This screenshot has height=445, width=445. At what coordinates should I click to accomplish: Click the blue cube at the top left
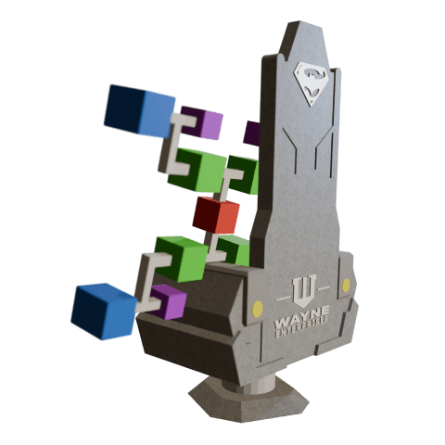coord(139,110)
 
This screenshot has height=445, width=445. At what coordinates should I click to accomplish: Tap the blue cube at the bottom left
coord(103,311)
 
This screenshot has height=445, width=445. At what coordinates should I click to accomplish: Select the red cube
coord(216,215)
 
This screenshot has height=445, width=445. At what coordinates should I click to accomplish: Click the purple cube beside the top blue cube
coord(202,122)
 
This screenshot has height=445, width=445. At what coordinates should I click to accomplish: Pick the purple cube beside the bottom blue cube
coord(168,301)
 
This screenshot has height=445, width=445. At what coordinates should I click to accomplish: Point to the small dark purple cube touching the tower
coord(251,133)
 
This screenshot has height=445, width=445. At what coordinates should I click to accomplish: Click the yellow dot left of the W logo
coord(257,307)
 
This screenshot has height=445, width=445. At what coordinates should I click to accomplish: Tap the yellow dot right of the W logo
coord(346,286)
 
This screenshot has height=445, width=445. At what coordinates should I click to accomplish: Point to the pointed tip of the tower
coord(305,25)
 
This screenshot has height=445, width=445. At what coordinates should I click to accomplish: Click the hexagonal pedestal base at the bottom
coord(248,400)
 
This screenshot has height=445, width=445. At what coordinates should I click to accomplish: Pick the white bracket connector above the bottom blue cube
coord(148,279)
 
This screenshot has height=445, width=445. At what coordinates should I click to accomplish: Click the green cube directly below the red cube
coord(233,248)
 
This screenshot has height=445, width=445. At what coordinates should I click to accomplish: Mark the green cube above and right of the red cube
coord(243,173)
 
